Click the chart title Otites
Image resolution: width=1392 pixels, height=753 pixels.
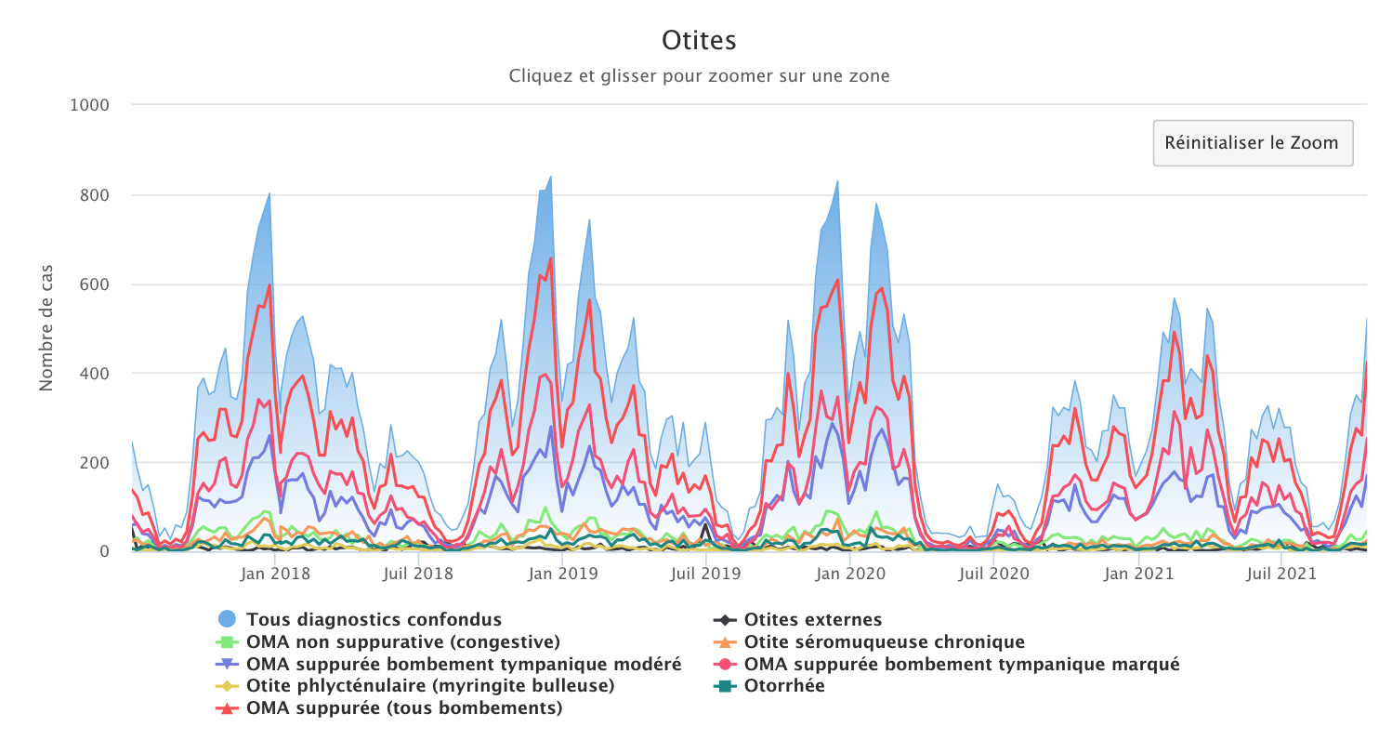[x=699, y=40]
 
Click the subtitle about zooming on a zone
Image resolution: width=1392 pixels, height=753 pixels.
[x=699, y=75]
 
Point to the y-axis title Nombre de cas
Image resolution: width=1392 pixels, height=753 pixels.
[x=46, y=327]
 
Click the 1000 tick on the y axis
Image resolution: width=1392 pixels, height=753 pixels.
[x=90, y=105]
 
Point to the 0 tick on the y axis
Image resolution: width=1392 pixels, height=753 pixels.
[x=104, y=552]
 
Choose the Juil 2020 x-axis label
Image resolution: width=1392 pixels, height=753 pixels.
[x=994, y=574]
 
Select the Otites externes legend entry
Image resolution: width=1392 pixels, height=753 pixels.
[x=812, y=619]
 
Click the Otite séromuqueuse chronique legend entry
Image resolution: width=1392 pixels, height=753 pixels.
[x=884, y=641]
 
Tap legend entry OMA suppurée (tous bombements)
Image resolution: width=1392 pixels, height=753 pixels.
[x=404, y=708]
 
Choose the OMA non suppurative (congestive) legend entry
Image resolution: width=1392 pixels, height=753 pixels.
[x=402, y=641]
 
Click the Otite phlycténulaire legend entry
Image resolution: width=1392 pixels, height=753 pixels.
[x=429, y=686]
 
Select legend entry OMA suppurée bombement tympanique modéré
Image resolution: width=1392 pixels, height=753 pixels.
[x=464, y=664]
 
